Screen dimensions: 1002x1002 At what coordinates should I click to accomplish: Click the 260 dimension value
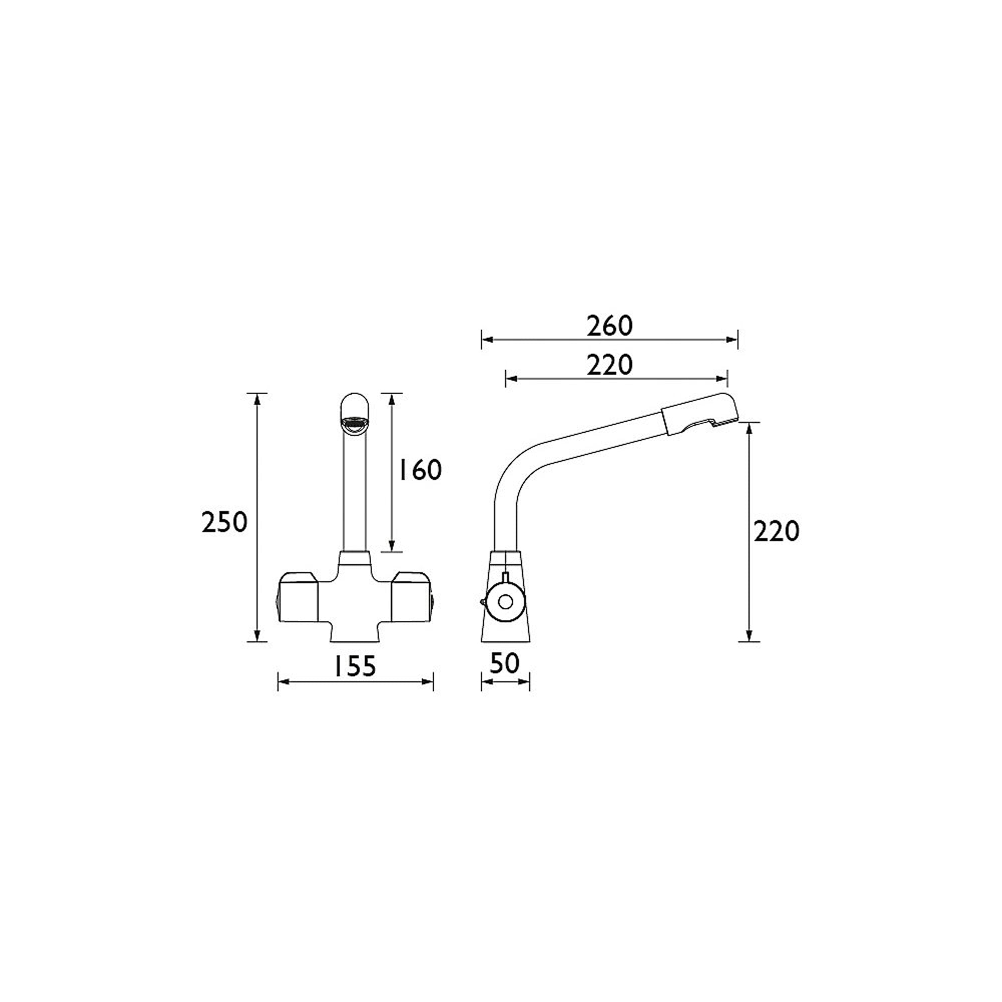pyautogui.click(x=610, y=326)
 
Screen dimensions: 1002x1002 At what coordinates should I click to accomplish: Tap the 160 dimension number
pyautogui.click(x=419, y=470)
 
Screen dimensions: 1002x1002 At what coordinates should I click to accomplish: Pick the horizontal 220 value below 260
pyautogui.click(x=610, y=365)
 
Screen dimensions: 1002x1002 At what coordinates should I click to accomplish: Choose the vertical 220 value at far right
pyautogui.click(x=777, y=532)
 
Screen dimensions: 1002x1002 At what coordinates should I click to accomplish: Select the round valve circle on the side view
pyautogui.click(x=505, y=602)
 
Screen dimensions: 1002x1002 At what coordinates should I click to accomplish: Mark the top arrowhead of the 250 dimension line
pyautogui.click(x=256, y=398)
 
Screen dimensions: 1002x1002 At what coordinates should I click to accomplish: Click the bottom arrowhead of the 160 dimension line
pyautogui.click(x=392, y=547)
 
